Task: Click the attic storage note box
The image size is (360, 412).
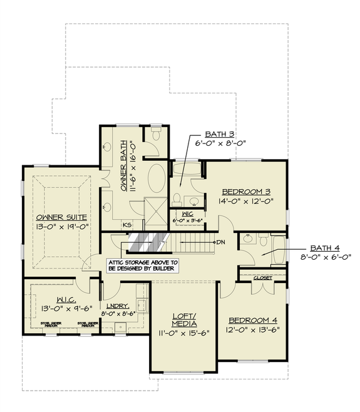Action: [143, 265]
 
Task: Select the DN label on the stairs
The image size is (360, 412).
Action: [220, 242]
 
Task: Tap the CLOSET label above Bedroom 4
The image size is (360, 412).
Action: [262, 277]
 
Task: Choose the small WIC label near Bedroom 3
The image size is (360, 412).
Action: [185, 214]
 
